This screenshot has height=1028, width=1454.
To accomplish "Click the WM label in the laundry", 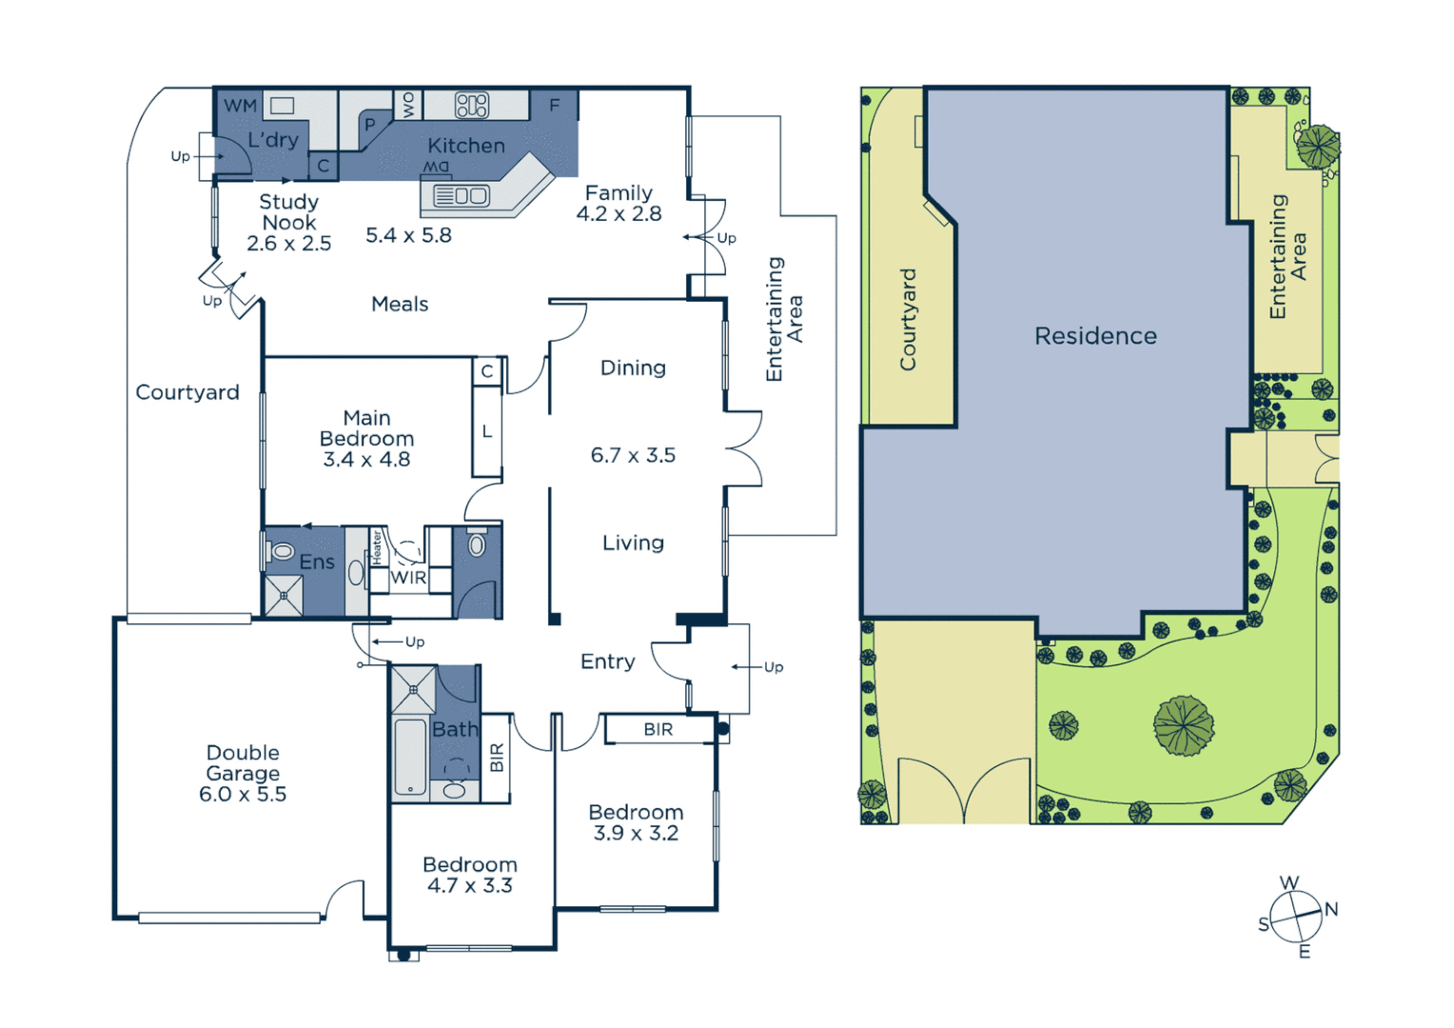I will pos(240,106).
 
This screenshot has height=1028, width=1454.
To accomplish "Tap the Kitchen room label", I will pos(465,146).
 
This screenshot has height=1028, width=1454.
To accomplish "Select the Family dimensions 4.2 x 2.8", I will pos(619,214).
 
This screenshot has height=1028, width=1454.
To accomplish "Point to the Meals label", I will pos(400,305).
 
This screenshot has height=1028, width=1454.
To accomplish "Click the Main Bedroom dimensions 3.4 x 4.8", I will pos(366,460).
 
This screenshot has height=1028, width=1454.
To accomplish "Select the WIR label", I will pos(408,578).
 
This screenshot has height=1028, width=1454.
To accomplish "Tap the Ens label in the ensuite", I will pos(317,563).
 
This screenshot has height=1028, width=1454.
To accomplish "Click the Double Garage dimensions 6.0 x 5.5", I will pos(243,795).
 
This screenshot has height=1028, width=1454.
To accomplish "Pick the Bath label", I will pos(455,730).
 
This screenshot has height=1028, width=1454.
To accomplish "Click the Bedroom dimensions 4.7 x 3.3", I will pos(470,886).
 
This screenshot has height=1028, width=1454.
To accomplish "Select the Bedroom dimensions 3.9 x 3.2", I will pos(636,834).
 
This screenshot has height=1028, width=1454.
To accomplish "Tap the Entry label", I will pos(607,662).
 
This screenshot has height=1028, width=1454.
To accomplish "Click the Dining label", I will pos(633,368).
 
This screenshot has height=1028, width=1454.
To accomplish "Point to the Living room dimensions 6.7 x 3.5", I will pos(633,456).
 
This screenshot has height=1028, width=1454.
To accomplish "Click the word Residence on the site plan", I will pos(1095,336).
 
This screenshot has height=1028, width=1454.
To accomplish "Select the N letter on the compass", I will pos(1331,909).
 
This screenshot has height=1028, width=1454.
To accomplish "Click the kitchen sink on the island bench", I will pos(462,196).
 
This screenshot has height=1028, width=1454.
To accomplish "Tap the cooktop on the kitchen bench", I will pos(472,105).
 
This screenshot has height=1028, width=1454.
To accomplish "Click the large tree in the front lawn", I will pos(1184,725).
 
